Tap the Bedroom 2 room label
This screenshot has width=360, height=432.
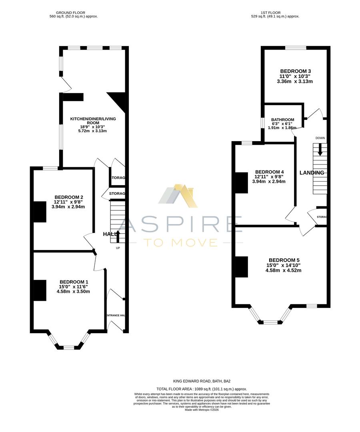[x=68, y=197]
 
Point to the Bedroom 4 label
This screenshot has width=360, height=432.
[x=270, y=172]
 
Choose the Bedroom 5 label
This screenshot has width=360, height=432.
[x=283, y=259]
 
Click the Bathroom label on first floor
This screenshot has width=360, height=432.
[x=282, y=120]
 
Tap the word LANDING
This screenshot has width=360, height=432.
[x=312, y=173]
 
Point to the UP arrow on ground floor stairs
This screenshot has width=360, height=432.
[x=118, y=235]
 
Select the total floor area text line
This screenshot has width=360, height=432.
[x=202, y=389]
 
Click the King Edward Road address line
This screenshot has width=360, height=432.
[x=202, y=382]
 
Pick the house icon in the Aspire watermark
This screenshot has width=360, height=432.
[x=178, y=196]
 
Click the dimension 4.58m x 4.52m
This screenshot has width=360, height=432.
[x=283, y=270]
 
